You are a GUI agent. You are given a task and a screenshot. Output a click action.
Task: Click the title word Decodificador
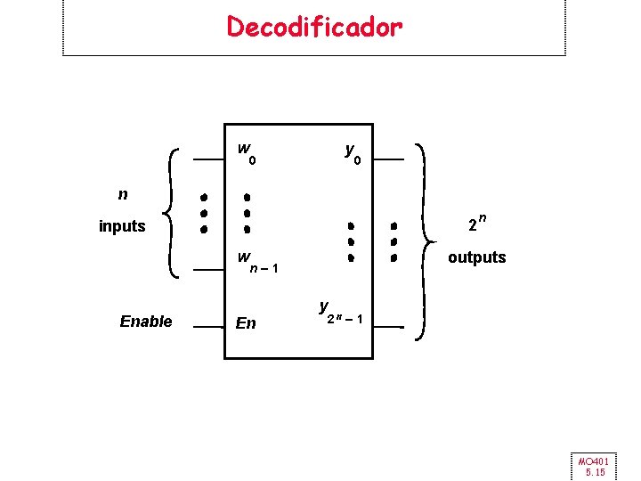click(x=314, y=27)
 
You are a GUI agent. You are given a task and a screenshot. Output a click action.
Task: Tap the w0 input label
click(x=247, y=154)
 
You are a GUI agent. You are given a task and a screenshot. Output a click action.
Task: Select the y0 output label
click(x=353, y=155)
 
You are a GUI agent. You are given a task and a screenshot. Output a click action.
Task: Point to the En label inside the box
click(x=246, y=322)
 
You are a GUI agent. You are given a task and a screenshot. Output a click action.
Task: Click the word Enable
click(x=146, y=322)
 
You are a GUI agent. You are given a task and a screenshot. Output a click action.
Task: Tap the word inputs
click(x=122, y=226)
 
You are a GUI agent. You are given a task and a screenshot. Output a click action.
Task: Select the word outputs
click(x=476, y=257)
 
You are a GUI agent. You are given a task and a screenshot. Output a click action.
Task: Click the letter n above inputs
click(x=123, y=193)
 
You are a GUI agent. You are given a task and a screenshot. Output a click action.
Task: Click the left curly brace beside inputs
click(x=174, y=212)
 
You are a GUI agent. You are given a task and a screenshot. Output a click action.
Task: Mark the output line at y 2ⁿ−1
click(x=388, y=328)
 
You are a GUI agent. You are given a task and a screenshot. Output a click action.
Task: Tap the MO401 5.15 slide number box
click(x=591, y=465)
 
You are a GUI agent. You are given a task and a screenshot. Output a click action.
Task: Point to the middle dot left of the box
click(x=204, y=213)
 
